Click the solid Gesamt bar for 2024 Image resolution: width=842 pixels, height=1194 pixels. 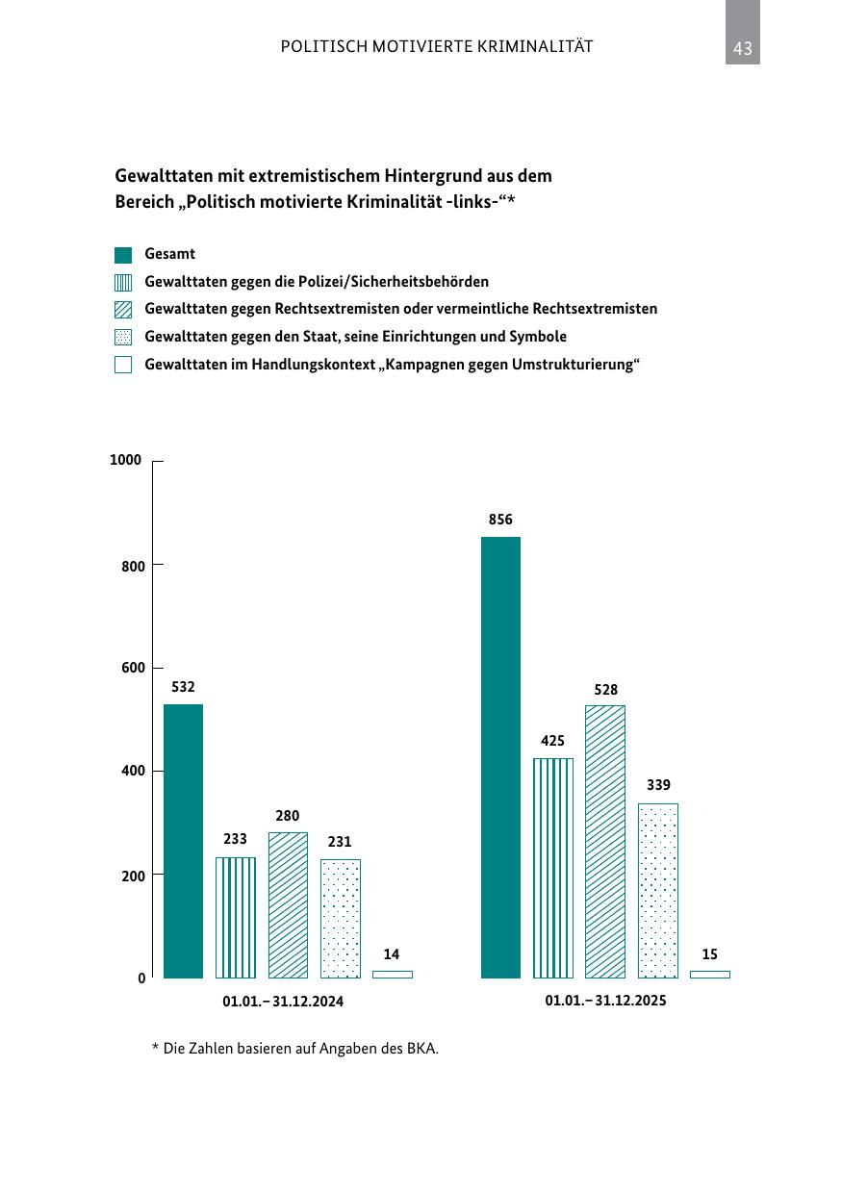pyautogui.click(x=183, y=841)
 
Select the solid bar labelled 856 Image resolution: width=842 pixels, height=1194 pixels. pyautogui.click(x=500, y=757)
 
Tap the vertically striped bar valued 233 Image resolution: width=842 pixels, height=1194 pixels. pyautogui.click(x=235, y=918)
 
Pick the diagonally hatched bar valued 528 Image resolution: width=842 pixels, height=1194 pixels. pyautogui.click(x=604, y=842)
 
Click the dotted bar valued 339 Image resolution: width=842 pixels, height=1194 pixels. pyautogui.click(x=657, y=891)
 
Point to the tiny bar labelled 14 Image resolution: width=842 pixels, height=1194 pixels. pyautogui.click(x=392, y=975)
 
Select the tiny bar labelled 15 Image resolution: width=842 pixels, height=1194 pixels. pyautogui.click(x=710, y=975)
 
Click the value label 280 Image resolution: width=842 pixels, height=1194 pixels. pyautogui.click(x=288, y=816)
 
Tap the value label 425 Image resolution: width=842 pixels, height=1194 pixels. pyautogui.click(x=552, y=741)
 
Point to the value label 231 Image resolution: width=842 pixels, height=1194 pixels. pyautogui.click(x=339, y=842)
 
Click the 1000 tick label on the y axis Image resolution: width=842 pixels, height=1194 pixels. pyautogui.click(x=125, y=460)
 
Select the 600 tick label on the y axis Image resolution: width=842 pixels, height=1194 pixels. pyautogui.click(x=133, y=668)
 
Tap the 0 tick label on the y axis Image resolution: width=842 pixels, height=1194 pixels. pyautogui.click(x=141, y=978)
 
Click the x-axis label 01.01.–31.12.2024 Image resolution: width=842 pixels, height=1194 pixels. pyautogui.click(x=283, y=1001)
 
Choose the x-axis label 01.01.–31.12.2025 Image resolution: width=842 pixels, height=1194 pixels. pyautogui.click(x=605, y=1000)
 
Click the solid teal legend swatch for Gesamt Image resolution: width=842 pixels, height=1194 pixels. pyautogui.click(x=123, y=255)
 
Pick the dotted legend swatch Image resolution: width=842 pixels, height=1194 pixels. pyautogui.click(x=123, y=338)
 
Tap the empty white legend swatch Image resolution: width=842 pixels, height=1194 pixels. pyautogui.click(x=123, y=365)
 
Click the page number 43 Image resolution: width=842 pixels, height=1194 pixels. pyautogui.click(x=742, y=48)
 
